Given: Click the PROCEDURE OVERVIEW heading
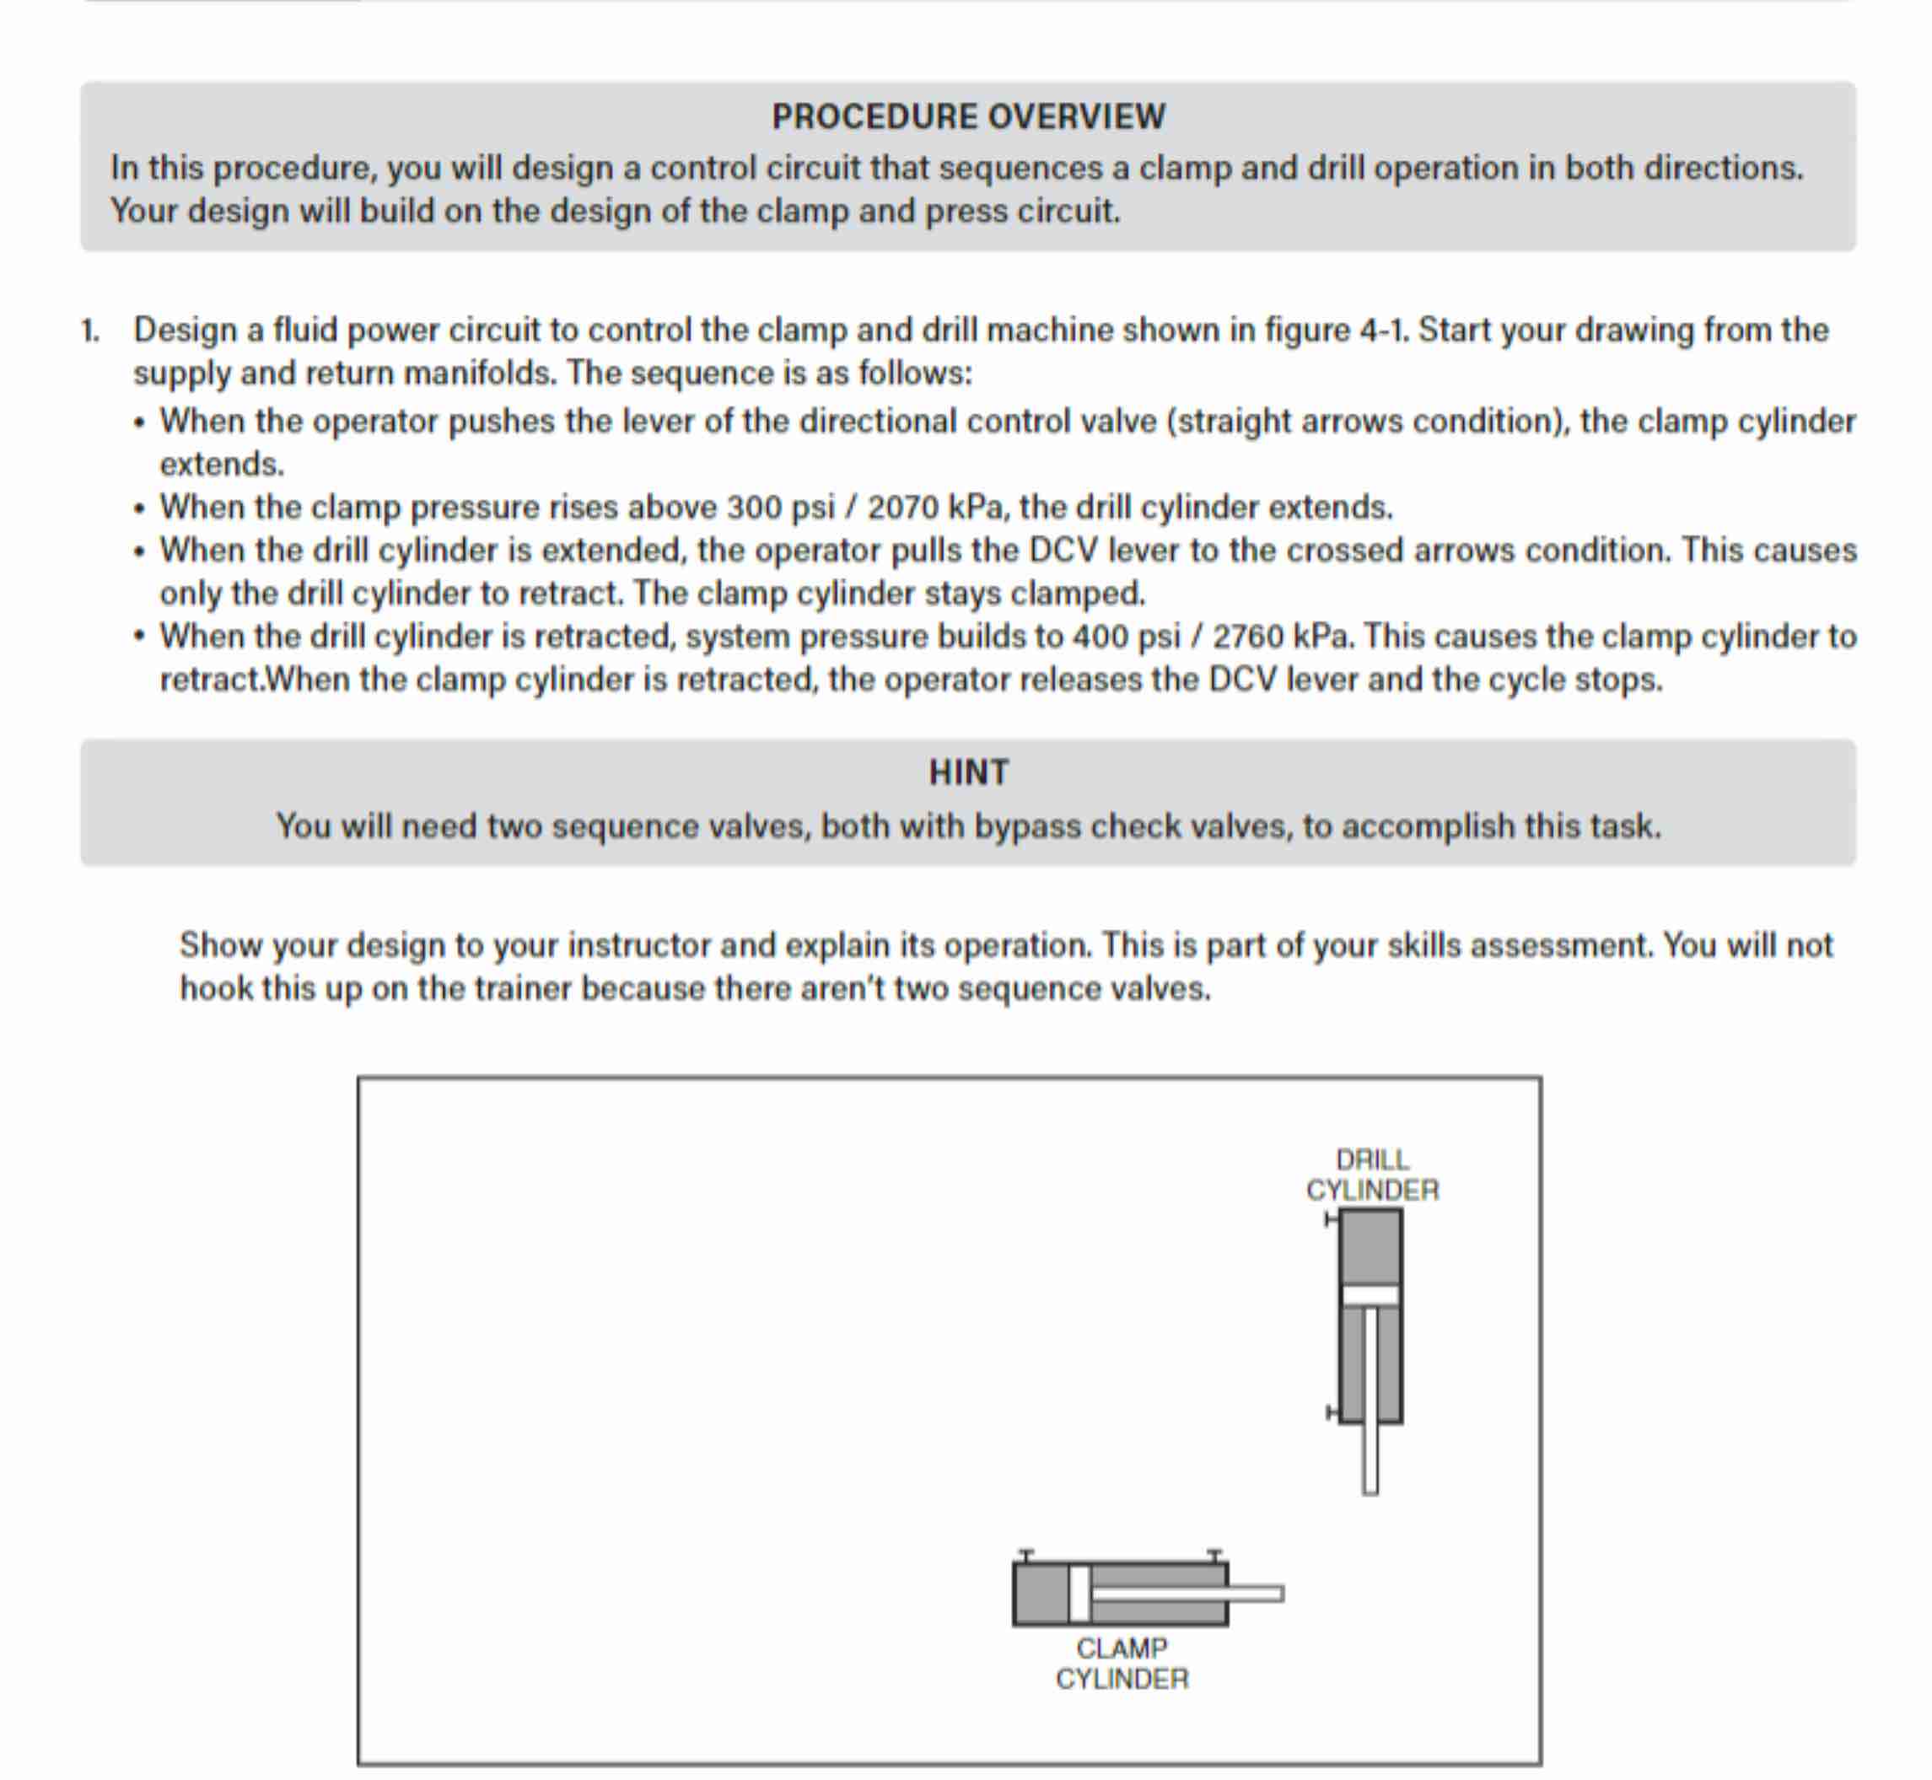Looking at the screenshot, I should point(968,116).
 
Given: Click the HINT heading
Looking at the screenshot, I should point(968,772).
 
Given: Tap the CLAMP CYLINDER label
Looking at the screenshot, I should point(1122,1664).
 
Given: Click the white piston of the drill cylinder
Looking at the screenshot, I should point(1370,1294).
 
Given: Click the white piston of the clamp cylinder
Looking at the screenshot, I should point(1079,1594).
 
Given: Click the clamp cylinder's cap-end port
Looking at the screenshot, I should point(1026,1556).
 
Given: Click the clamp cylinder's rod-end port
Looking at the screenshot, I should point(1214,1556).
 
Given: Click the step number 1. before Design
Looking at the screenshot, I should point(90,331).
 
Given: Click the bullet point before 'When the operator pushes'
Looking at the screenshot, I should point(141,422).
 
